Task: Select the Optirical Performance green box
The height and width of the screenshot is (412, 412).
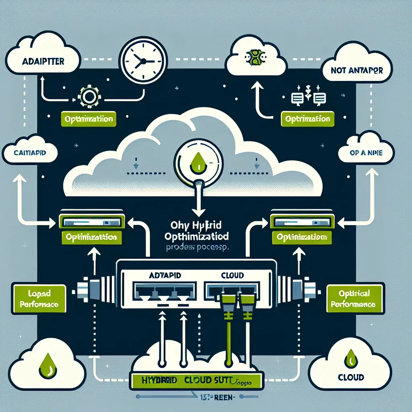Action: (352, 299)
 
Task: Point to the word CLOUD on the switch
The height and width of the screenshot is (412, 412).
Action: (233, 275)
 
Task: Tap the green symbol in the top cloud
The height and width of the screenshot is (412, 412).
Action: (255, 58)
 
